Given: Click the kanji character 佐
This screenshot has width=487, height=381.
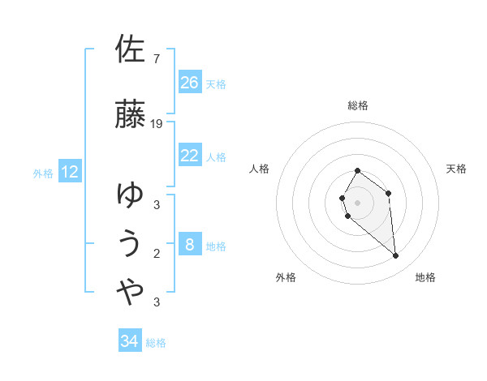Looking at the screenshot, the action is coord(130,49).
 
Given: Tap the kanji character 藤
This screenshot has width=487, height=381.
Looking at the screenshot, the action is coord(130,113).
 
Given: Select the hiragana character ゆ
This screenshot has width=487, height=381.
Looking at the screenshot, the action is coord(130,195).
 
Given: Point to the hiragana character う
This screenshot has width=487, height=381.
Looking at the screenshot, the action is coord(130,243).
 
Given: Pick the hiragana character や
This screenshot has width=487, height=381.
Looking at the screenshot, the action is coord(130,291).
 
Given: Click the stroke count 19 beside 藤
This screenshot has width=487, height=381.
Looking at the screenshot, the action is coord(156,124).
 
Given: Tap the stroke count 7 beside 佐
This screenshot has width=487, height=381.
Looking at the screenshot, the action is coord(157,58).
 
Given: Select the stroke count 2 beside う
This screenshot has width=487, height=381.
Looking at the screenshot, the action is coord(157,254).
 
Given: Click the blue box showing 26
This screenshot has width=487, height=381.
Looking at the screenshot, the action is coord(190,82).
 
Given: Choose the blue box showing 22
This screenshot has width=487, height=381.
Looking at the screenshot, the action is coord(190,155).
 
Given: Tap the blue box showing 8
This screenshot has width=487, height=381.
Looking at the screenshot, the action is coord(190,243).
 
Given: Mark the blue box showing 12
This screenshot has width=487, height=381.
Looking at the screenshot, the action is coord(70,171).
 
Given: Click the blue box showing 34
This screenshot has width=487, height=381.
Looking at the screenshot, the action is coord(130,340).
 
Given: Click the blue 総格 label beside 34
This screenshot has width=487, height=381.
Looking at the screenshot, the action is coord(156,343).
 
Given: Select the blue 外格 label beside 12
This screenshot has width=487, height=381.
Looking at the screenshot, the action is coord(43,173).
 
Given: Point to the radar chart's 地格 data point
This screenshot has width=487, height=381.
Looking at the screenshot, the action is coord(395,255).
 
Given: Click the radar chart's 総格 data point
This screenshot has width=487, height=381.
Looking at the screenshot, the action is coord(357,171).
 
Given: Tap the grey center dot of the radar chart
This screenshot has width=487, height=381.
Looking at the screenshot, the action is coord(357,203).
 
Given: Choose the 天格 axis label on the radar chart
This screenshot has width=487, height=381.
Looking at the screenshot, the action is coord(456,169).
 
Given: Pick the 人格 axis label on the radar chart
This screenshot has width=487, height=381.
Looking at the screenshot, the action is coord(259,169).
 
